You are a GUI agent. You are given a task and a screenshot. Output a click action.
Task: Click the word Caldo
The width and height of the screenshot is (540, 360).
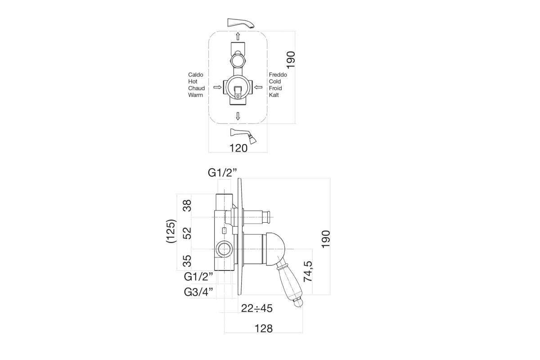tap(195, 75)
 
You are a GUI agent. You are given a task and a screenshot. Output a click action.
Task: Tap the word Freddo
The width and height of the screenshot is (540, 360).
tap(278, 75)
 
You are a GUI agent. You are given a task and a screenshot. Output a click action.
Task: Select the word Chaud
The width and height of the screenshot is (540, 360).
tap(197, 88)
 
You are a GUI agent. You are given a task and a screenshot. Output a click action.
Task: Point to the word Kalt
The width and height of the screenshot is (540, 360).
tap(274, 95)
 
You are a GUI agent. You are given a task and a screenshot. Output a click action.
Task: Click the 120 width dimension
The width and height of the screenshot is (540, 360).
tap(238, 148)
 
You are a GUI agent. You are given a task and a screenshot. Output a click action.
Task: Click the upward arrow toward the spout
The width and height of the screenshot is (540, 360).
tap(238, 36)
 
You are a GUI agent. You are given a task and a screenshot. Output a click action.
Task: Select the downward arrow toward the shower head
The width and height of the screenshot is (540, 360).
tap(238, 116)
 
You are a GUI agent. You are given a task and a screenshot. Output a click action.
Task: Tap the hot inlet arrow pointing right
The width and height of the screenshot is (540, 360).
tap(217, 87)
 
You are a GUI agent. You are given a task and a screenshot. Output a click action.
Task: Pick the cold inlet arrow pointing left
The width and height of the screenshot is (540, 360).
tap(258, 87)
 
